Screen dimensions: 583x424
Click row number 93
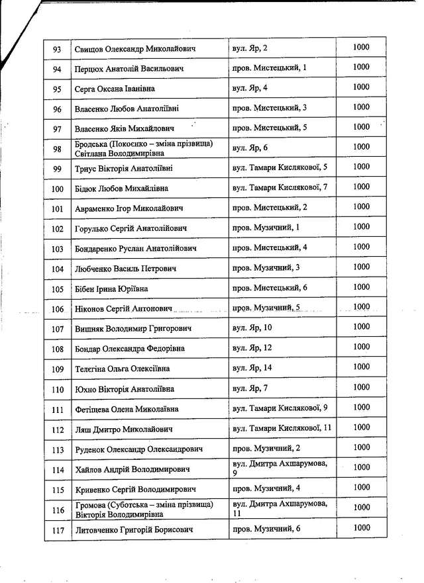(57, 49)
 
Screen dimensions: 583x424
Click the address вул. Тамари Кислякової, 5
(280, 167)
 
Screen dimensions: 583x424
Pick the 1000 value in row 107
(361, 327)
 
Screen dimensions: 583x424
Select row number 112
(57, 429)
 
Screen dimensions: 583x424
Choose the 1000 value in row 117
(361, 527)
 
